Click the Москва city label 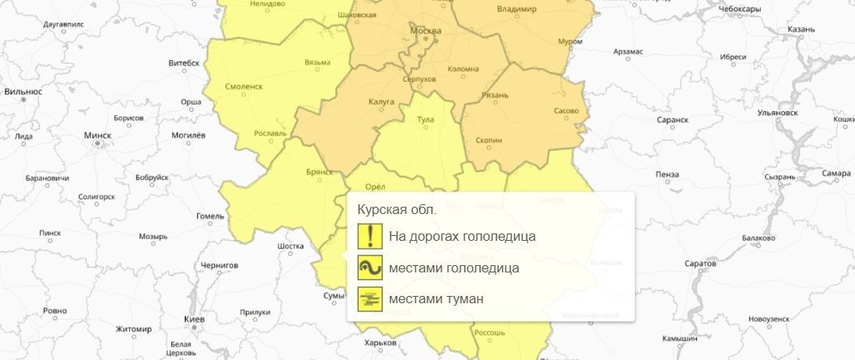(x=426, y=31)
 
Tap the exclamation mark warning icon (x=370, y=237)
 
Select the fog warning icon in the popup (x=370, y=299)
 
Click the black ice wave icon (x=370, y=268)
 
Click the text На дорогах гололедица (x=462, y=237)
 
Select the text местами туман (x=436, y=299)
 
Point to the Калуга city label (x=380, y=101)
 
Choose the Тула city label (x=425, y=120)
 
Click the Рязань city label (x=495, y=95)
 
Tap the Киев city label (x=195, y=320)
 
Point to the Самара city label (x=836, y=173)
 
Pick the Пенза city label (x=668, y=174)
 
